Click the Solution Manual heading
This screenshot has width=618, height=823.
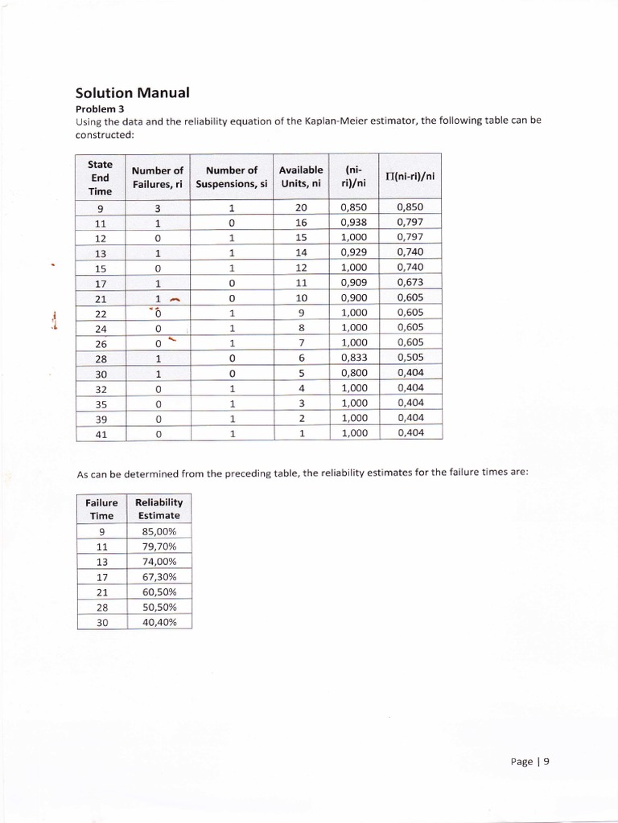pyautogui.click(x=132, y=92)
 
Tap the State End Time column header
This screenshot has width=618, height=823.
pyautogui.click(x=101, y=177)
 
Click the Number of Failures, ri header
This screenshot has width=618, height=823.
pyautogui.click(x=158, y=177)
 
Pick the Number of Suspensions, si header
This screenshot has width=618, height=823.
pyautogui.click(x=231, y=177)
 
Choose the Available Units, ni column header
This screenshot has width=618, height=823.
pyautogui.click(x=301, y=177)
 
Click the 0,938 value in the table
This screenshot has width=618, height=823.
pyautogui.click(x=354, y=223)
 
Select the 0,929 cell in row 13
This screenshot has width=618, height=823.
pyautogui.click(x=354, y=252)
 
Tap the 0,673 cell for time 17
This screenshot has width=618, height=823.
pyautogui.click(x=410, y=282)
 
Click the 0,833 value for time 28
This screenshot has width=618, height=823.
pyautogui.click(x=354, y=358)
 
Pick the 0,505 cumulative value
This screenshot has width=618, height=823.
pyautogui.click(x=410, y=358)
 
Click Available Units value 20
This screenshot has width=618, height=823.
pyautogui.click(x=302, y=207)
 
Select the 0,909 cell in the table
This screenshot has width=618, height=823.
pyautogui.click(x=354, y=282)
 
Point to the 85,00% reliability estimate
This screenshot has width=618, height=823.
pyautogui.click(x=159, y=531)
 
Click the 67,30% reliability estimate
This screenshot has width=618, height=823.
pyautogui.click(x=159, y=576)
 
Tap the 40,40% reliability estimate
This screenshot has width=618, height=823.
pyautogui.click(x=159, y=621)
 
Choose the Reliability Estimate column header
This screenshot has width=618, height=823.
pyautogui.click(x=159, y=509)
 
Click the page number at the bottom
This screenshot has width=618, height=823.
pyautogui.click(x=529, y=763)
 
